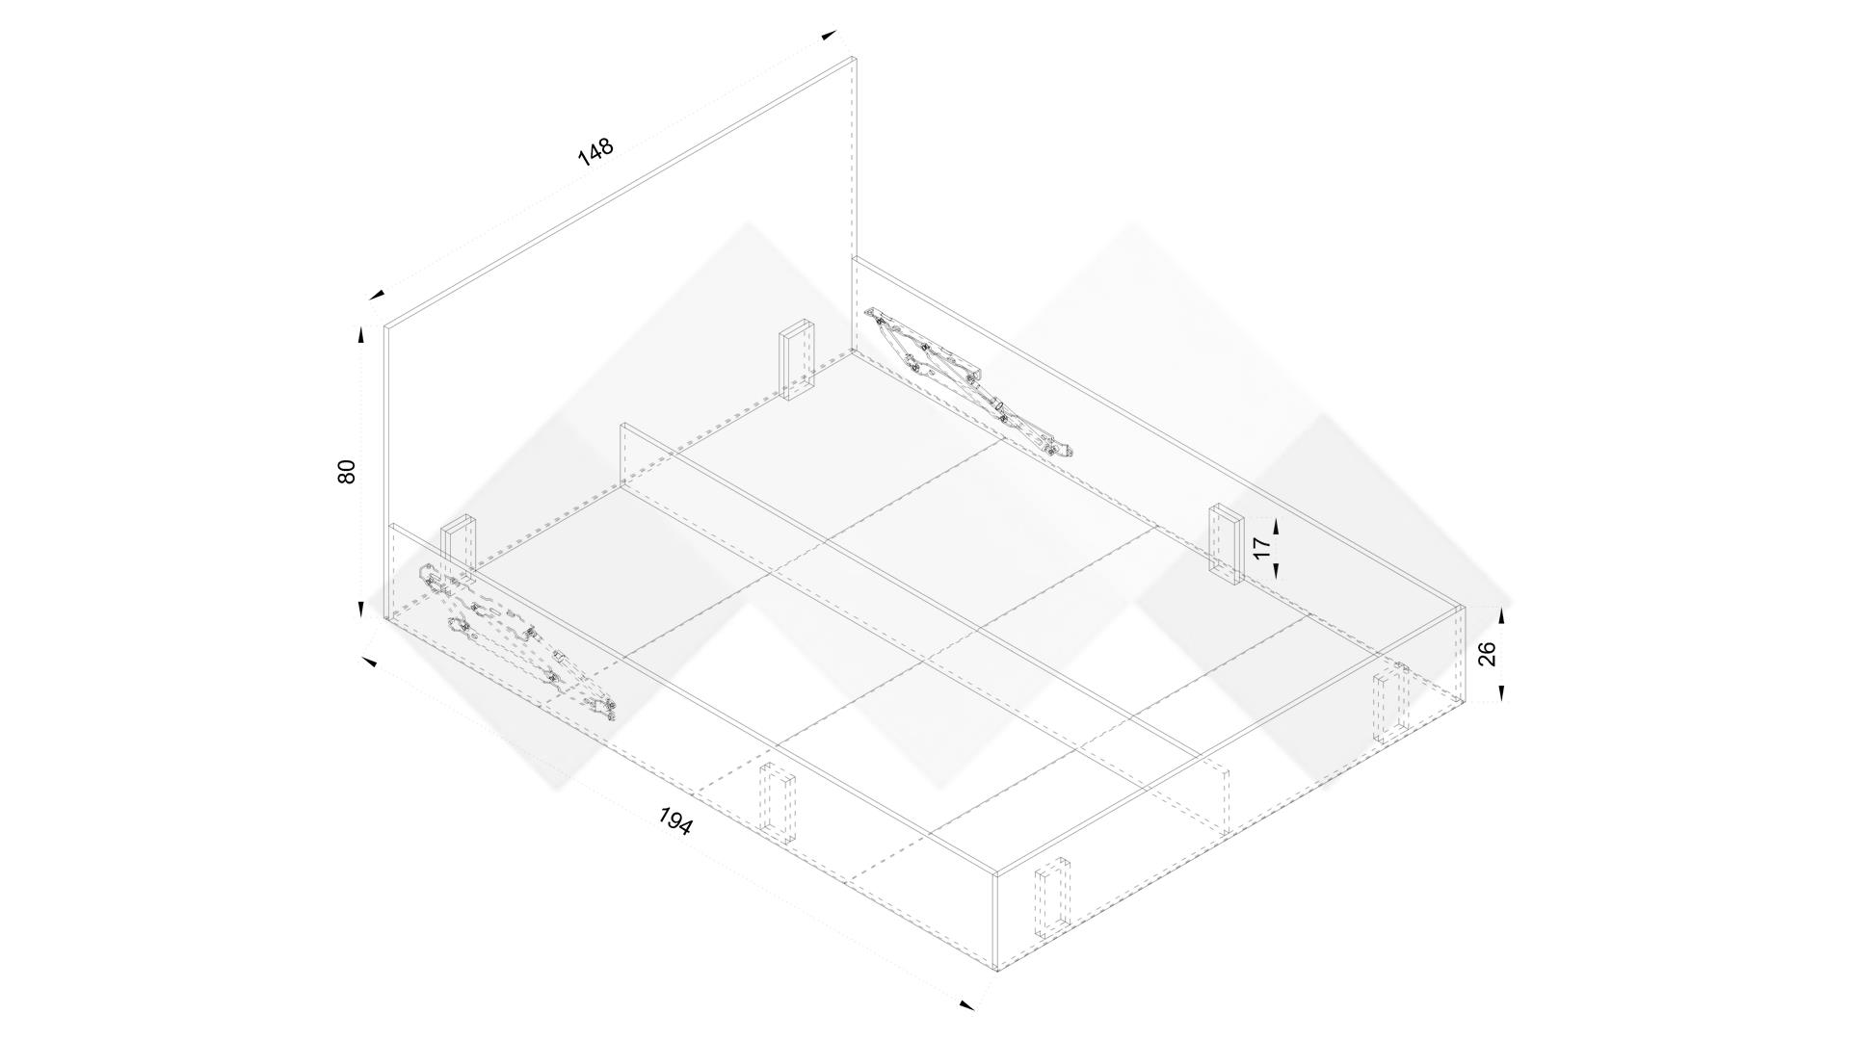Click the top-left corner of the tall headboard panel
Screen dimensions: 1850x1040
(384, 325)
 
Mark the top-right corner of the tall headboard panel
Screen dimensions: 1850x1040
(855, 58)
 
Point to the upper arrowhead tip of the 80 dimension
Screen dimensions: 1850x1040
(361, 327)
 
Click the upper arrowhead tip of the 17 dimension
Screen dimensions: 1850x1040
(1276, 519)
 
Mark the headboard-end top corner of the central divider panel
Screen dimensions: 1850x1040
(622, 423)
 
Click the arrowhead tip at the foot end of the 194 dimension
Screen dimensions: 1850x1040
(974, 1009)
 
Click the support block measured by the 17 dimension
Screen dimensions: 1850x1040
(1227, 545)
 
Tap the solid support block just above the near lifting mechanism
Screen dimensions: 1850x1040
(459, 551)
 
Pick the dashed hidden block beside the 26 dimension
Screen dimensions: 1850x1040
(1391, 704)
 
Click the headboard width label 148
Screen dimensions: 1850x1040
(595, 151)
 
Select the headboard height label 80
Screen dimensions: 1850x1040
(347, 471)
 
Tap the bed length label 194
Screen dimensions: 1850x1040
(675, 821)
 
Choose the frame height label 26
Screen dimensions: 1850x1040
(1487, 654)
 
